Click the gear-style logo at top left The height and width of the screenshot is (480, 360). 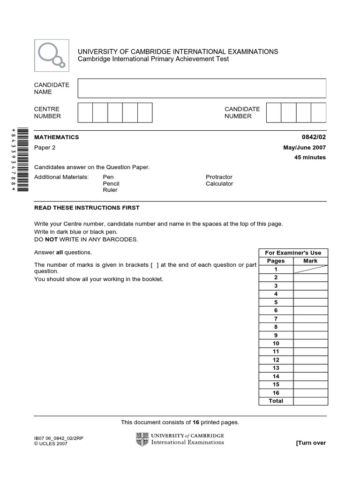[52, 55]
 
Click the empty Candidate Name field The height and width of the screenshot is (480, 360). [202, 88]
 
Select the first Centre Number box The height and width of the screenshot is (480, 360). [85, 112]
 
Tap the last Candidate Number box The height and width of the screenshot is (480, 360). [318, 112]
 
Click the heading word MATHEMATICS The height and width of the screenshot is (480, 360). [56, 137]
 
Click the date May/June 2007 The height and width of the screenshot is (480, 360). [304, 148]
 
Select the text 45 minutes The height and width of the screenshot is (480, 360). [310, 157]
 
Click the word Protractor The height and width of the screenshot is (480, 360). [219, 177]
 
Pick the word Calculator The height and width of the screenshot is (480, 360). [219, 184]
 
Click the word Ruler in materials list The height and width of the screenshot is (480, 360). [110, 190]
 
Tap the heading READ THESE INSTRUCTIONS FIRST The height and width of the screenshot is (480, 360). [87, 208]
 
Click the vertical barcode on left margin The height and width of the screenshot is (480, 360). [23, 159]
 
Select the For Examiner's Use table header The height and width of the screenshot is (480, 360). [293, 253]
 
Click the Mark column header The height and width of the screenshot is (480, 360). [310, 261]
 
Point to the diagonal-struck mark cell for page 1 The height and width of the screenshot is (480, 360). [310, 269]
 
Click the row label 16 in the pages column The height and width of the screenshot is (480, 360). [276, 393]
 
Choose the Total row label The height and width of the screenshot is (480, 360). [276, 401]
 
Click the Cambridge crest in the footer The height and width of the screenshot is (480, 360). [142, 439]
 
